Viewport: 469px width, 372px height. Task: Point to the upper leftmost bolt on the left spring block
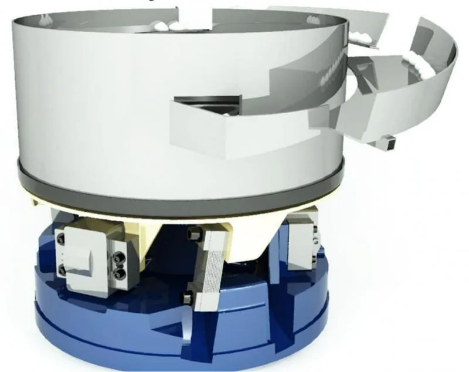click(61, 239)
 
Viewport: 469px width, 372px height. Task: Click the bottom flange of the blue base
click(176, 346)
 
